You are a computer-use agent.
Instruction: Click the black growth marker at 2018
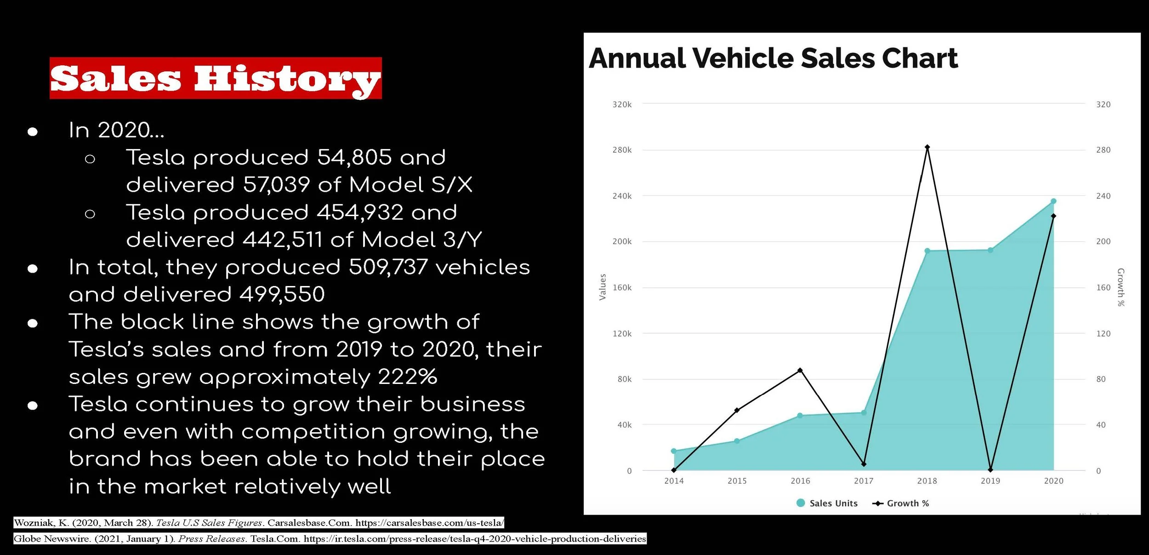[927, 147]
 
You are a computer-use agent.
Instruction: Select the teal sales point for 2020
[1053, 201]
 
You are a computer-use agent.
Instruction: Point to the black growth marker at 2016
[800, 370]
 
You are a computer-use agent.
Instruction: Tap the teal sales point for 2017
[864, 412]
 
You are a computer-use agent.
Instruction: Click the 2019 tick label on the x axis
[990, 481]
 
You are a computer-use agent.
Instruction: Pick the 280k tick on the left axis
[622, 150]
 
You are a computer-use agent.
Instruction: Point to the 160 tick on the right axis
[1103, 287]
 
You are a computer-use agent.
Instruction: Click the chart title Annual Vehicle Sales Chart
[773, 58]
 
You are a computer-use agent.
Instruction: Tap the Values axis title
[603, 287]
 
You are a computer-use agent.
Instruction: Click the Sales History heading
[216, 78]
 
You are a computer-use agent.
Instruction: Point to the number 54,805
[354, 157]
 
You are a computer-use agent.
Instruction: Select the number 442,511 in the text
[282, 240]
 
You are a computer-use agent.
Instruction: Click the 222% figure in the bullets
[407, 377]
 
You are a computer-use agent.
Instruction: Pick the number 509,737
[388, 267]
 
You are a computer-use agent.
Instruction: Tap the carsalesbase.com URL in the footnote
[430, 523]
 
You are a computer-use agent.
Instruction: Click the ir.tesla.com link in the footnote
[475, 538]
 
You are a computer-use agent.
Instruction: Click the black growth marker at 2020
[1053, 216]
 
